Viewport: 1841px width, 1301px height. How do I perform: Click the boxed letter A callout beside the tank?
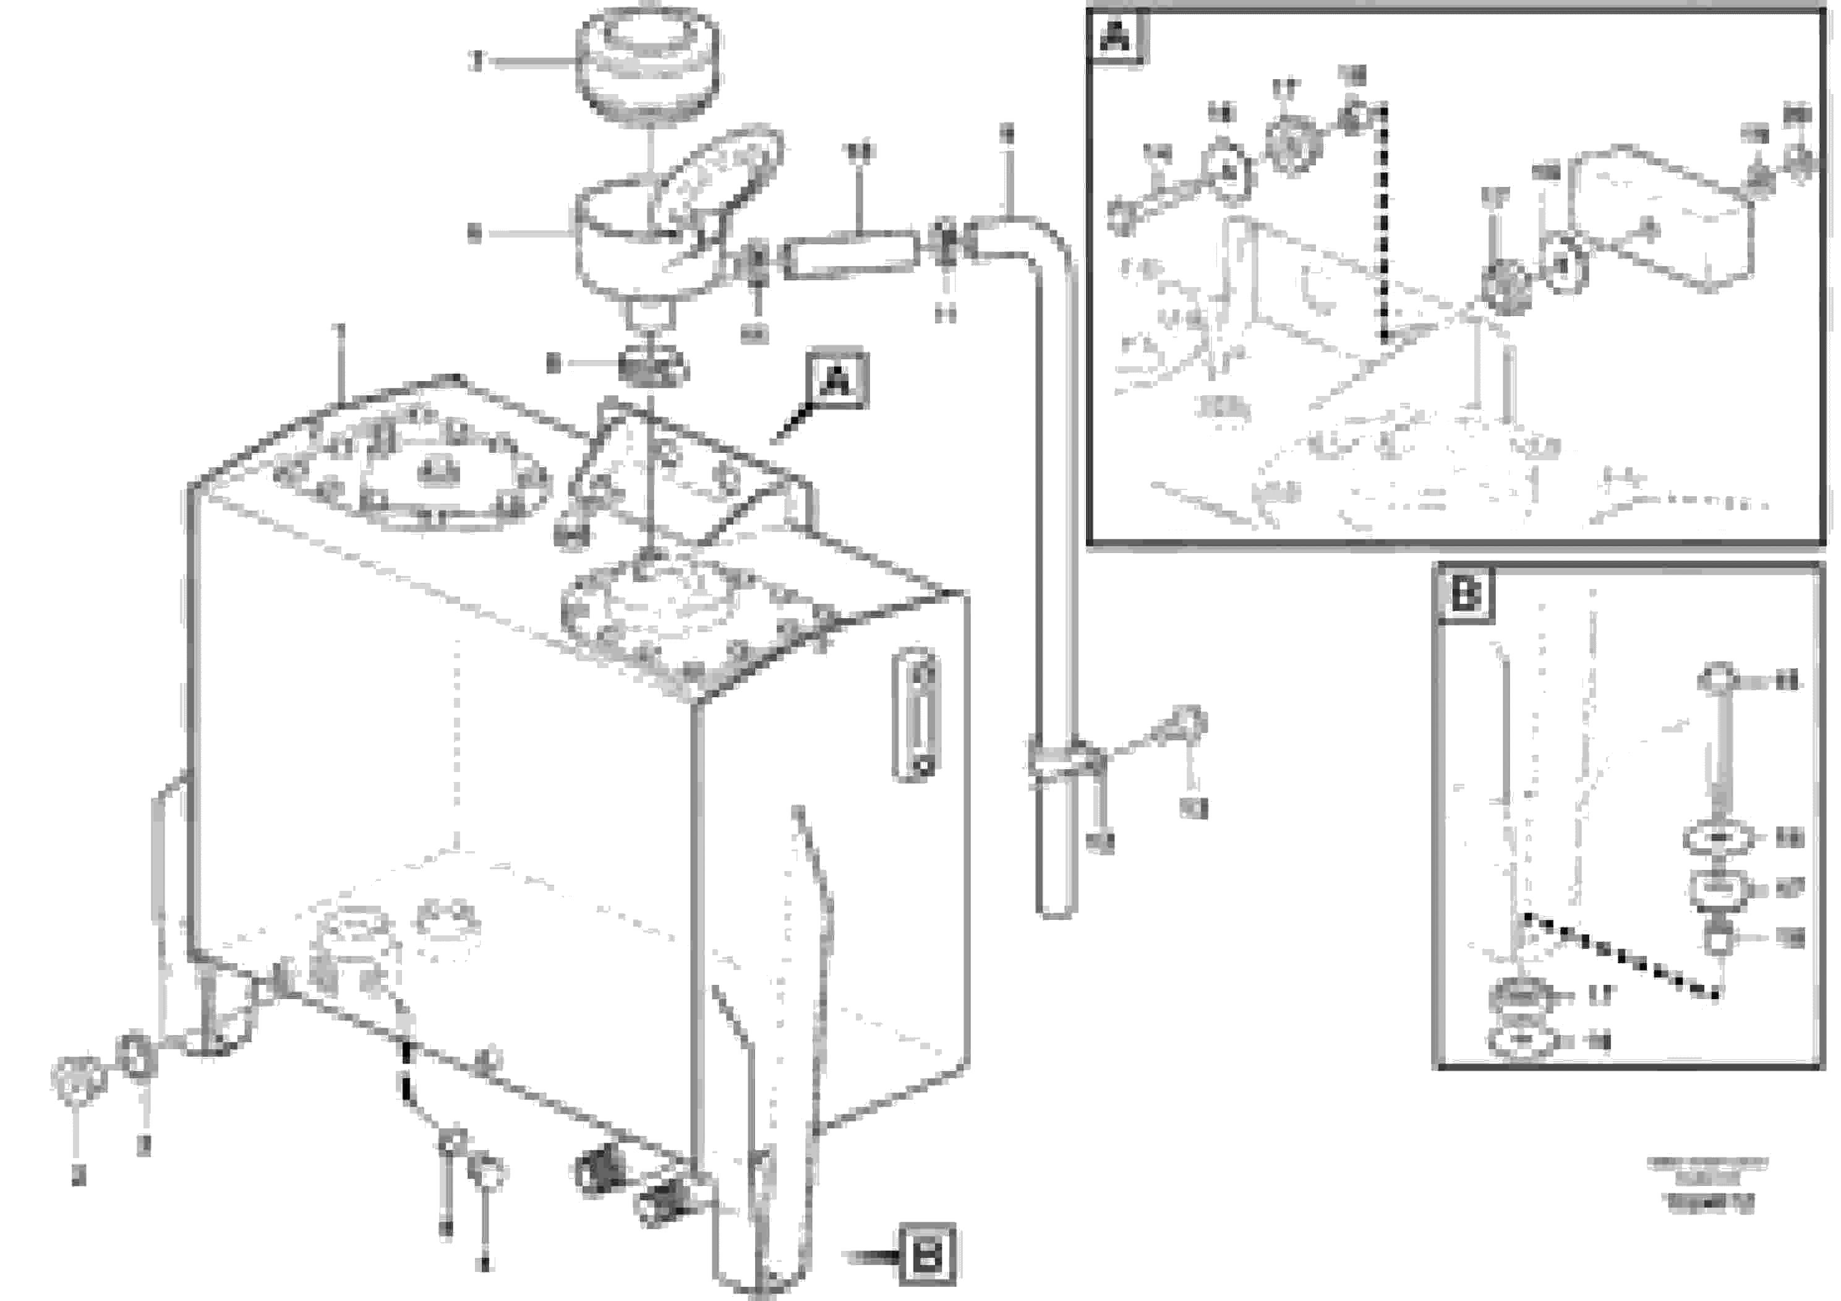837,379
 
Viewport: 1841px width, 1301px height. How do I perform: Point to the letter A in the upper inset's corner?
1117,35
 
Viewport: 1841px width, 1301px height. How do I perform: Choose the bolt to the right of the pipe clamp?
1181,725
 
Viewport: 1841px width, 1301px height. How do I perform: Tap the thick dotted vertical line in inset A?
1383,225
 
